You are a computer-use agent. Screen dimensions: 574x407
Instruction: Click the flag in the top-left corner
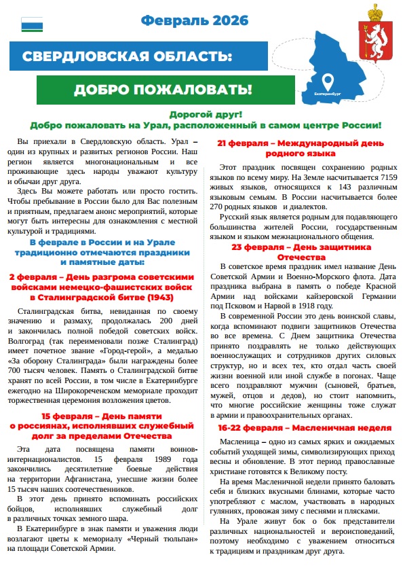32,25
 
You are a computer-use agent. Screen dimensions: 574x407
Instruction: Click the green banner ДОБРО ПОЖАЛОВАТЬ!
163,90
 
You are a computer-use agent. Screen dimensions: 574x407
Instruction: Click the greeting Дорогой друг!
206,115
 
